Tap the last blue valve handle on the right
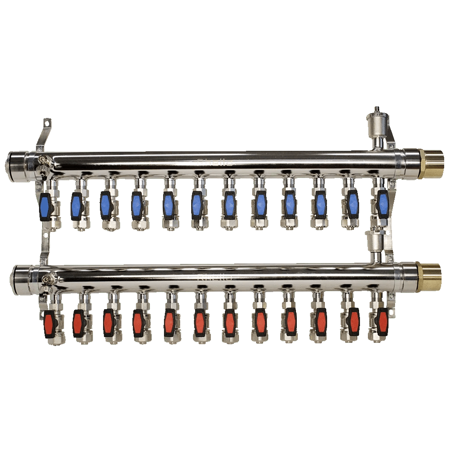click(x=382, y=204)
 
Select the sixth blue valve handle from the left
click(x=197, y=204)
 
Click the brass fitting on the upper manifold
click(x=431, y=164)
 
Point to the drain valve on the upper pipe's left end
click(x=42, y=163)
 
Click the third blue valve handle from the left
click(x=105, y=205)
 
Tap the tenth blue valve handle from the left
click(x=320, y=204)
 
